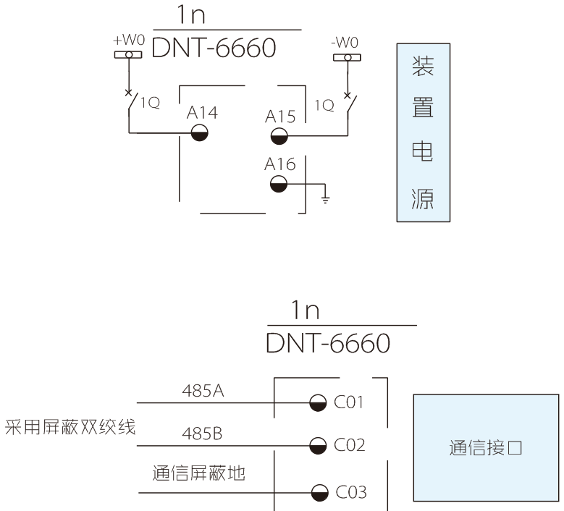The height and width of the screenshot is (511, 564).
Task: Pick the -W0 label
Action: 346,43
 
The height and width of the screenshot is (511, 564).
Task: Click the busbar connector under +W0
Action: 129,55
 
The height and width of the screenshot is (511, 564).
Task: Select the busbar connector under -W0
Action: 347,57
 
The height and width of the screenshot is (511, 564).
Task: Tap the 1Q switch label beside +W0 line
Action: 150,103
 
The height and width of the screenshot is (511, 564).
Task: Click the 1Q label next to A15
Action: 324,106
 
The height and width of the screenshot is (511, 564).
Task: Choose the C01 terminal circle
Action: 316,402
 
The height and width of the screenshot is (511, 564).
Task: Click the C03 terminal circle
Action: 316,494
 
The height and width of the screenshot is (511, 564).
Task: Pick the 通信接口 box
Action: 485,447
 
